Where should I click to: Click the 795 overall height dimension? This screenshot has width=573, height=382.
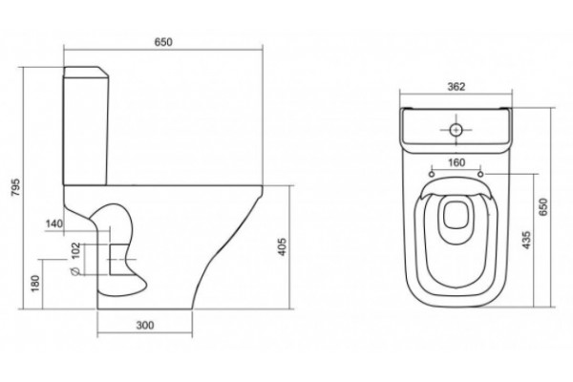click(17, 187)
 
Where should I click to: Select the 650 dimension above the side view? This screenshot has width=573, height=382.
click(163, 42)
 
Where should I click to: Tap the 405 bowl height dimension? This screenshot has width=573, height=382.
click(283, 246)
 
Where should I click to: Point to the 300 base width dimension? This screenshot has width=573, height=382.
click(145, 325)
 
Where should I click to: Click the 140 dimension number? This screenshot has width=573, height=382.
click(54, 223)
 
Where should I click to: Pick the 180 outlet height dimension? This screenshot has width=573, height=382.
click(35, 284)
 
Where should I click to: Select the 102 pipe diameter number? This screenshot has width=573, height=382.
click(75, 250)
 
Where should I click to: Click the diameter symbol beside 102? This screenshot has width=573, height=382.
click(75, 271)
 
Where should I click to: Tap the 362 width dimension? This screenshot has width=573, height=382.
click(456, 87)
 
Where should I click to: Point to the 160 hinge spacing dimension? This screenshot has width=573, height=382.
click(456, 162)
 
